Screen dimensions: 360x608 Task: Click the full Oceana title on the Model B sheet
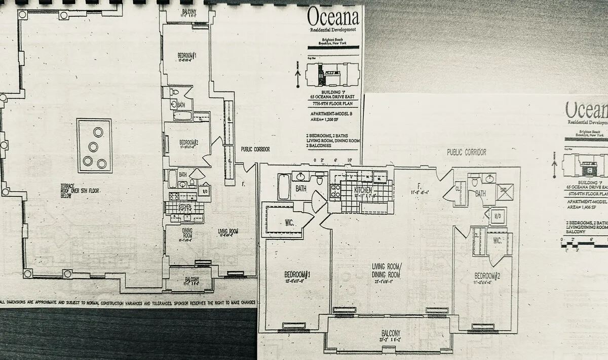coord(333,18)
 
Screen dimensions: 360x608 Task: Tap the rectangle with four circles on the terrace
coord(94,146)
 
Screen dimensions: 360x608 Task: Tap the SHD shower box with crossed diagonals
coord(504,192)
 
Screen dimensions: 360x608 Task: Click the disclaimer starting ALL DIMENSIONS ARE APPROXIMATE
coord(127,301)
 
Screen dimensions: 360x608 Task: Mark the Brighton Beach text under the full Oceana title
coord(333,41)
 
